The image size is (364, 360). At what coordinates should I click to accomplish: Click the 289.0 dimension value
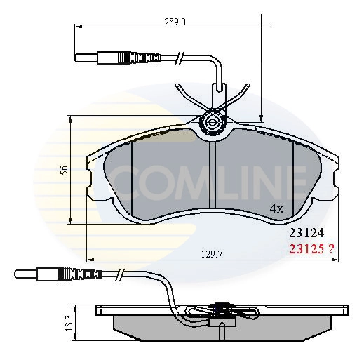pos(174,22)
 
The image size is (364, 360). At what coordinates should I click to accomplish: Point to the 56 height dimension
pos(63,170)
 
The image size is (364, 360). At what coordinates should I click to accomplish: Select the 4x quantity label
pos(276,208)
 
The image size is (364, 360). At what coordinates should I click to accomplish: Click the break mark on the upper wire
pos(181,57)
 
